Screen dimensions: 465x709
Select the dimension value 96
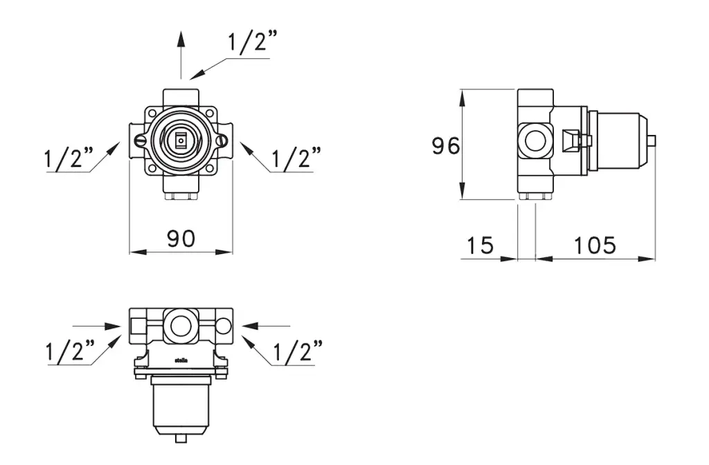pyautogui.click(x=446, y=146)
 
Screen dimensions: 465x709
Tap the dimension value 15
pyautogui.click(x=480, y=245)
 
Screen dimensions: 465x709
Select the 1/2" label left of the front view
pyautogui.click(x=69, y=159)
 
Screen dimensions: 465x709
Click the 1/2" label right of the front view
pyautogui.click(x=296, y=159)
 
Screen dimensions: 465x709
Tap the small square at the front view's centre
pyautogui.click(x=181, y=141)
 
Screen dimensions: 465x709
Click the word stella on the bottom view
pyautogui.click(x=181, y=361)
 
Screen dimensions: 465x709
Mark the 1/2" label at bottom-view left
pyautogui.click(x=70, y=352)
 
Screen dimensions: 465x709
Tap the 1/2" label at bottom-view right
pyautogui.click(x=296, y=352)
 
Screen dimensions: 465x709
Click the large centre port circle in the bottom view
pyautogui.click(x=181, y=325)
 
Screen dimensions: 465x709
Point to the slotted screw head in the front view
pyautogui.click(x=141, y=141)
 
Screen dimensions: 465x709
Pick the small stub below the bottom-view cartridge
pyautogui.click(x=181, y=437)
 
